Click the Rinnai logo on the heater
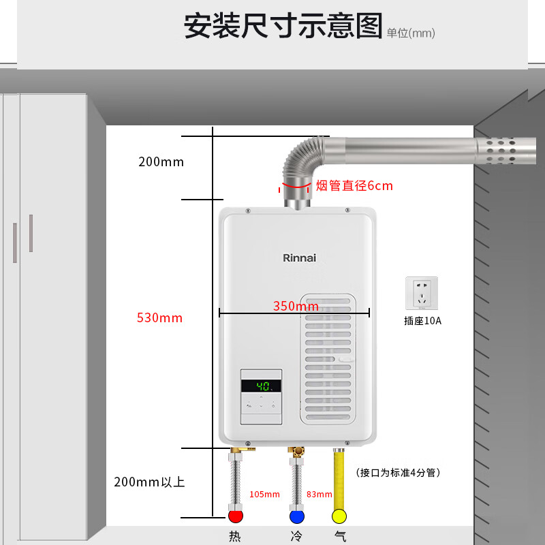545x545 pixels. pos(300,258)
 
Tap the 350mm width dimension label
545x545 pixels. pos(296,306)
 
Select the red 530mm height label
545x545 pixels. pos(160,317)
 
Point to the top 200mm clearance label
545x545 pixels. pos(161,162)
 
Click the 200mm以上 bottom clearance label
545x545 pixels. pos(149,482)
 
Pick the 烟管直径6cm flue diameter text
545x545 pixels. pos(354,185)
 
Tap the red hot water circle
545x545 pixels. pos(236,515)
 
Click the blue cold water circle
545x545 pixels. pos(296,515)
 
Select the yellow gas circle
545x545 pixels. pos(339,515)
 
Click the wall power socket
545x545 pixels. pos(422,292)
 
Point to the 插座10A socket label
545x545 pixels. pos(422,320)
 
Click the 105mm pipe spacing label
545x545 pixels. pos(265,494)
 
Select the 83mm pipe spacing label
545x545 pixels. pos(320,494)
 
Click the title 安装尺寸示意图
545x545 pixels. pos(283,27)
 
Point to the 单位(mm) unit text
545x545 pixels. pos(411,33)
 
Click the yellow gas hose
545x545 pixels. pos(339,477)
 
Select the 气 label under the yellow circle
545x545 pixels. pos(339,536)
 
